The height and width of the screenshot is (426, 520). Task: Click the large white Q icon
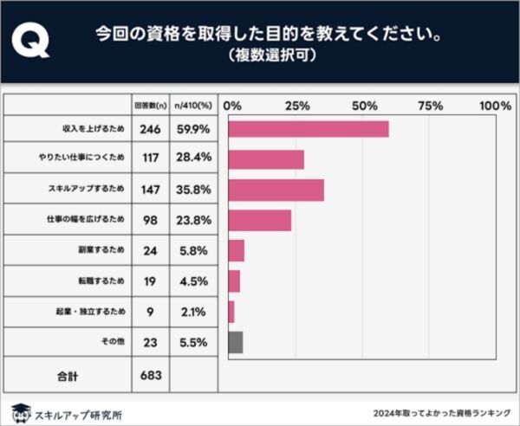click(32, 40)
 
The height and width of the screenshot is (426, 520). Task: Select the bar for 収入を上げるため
click(309, 129)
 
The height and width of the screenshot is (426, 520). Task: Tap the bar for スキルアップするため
click(276, 190)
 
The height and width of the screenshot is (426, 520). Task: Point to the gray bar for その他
click(236, 342)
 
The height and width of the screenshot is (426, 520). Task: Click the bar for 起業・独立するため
click(231, 312)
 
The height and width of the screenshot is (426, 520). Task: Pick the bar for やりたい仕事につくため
click(266, 159)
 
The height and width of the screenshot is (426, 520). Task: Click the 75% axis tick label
click(430, 105)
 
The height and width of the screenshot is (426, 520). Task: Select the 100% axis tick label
click(495, 105)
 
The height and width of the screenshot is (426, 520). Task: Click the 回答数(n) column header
click(148, 105)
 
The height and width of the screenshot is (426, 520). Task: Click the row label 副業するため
click(101, 251)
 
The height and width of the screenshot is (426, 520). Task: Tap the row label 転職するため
click(101, 281)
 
